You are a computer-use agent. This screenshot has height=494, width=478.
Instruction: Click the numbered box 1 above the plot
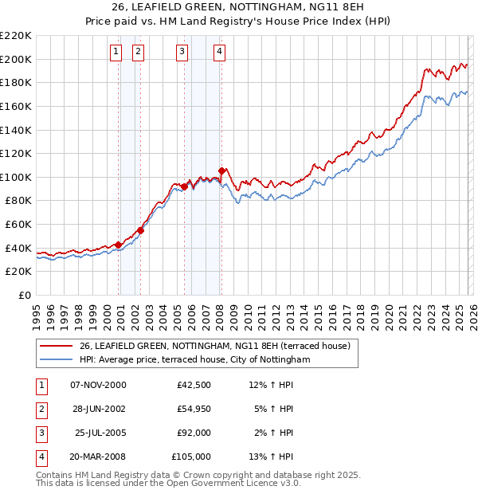click(x=116, y=52)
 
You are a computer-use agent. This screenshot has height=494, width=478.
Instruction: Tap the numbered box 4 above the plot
click(x=219, y=52)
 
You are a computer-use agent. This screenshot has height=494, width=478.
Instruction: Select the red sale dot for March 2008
click(x=221, y=170)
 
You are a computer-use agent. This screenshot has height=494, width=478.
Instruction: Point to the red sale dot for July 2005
click(x=184, y=186)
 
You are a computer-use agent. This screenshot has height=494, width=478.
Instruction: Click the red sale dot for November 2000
click(x=118, y=245)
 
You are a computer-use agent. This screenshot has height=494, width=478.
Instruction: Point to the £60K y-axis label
click(x=18, y=225)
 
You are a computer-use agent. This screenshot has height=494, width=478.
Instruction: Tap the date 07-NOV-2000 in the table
click(x=98, y=385)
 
